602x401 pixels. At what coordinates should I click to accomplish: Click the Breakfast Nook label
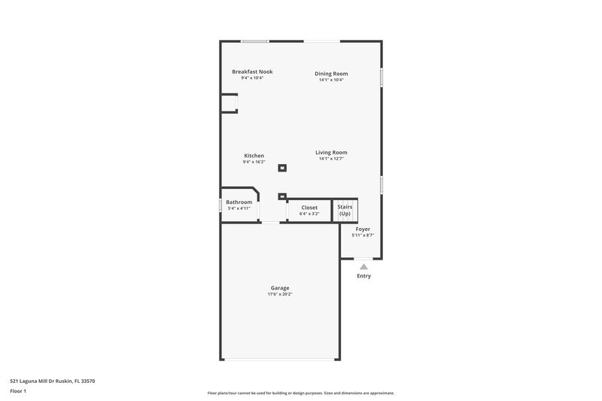[252, 71]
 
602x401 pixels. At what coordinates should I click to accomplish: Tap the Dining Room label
[331, 74]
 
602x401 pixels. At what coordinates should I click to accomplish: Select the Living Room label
[331, 153]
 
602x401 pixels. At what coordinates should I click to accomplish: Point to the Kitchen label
[254, 156]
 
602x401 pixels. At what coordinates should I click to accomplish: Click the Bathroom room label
[239, 202]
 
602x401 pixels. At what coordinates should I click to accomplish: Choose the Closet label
[309, 207]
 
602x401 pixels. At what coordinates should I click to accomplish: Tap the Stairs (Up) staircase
[345, 210]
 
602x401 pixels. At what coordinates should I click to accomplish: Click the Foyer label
[363, 229]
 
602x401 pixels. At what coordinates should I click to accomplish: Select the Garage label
[280, 288]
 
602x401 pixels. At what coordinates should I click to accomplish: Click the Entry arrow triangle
[363, 266]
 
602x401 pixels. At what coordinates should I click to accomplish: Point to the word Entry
[363, 276]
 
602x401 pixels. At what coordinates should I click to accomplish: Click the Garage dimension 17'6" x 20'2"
[280, 294]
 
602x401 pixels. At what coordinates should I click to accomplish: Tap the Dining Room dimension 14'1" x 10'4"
[331, 80]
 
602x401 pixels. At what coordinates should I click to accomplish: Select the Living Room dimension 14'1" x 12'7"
[331, 159]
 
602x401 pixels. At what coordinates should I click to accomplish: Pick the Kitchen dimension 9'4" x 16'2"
[254, 162]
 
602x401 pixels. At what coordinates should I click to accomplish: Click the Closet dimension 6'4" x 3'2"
[309, 214]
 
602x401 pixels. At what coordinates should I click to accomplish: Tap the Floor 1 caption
[19, 391]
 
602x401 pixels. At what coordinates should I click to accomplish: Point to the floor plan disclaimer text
[300, 393]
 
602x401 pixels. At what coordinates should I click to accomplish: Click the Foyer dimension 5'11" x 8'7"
[363, 235]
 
